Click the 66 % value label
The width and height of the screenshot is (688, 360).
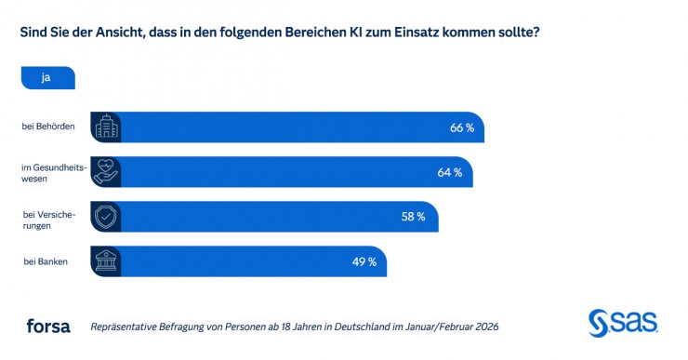pos(462,127)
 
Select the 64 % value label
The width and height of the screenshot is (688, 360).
pos(450,172)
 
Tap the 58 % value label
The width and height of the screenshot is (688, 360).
pos(413,217)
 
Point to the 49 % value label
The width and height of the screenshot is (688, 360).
pos(364,261)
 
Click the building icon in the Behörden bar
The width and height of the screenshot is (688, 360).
pos(105,127)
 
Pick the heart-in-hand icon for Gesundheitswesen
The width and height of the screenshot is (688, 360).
pos(105,172)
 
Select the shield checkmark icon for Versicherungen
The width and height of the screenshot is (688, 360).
pos(105,217)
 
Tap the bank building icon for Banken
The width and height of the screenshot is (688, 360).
pos(105,261)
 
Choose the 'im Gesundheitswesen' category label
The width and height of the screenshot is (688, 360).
pos(52,172)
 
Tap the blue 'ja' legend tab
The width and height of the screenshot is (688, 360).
pos(46,78)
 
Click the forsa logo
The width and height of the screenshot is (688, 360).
pos(47,327)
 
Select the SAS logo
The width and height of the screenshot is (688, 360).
pos(623,323)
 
